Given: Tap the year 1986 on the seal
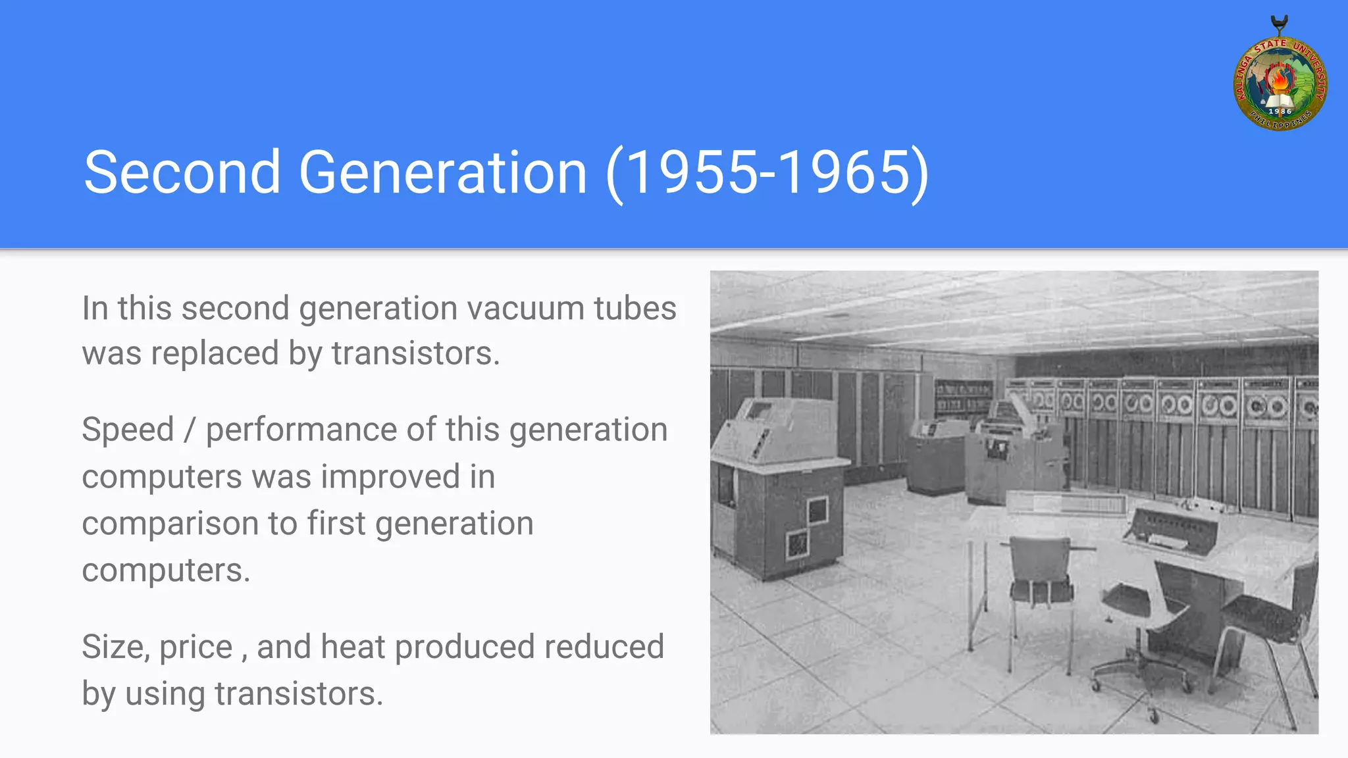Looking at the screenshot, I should coord(1280,112).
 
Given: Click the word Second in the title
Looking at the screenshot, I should coord(182,172).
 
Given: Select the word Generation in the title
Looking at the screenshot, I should coord(442,172).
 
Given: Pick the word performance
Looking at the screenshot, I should coord(301,430).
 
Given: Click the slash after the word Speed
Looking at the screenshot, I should coord(190,430).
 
